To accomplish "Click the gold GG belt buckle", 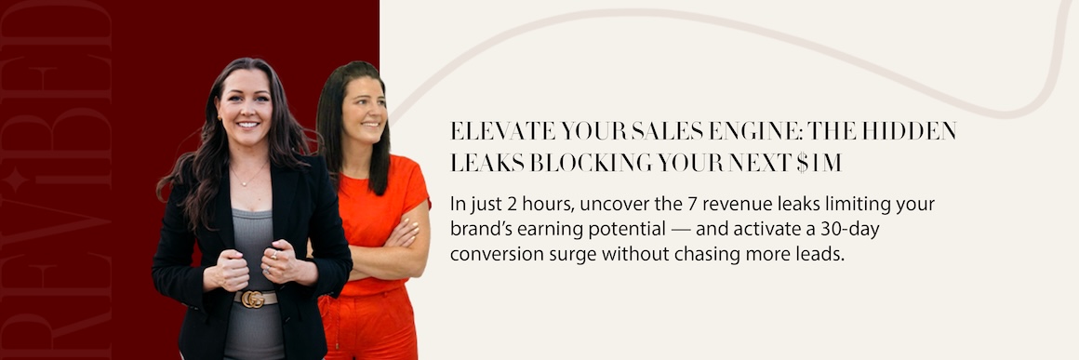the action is pyautogui.click(x=253, y=299).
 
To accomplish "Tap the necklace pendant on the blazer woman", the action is pyautogui.click(x=242, y=184).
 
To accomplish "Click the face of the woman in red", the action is pyautogui.click(x=362, y=113).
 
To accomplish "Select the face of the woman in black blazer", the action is pyautogui.click(x=245, y=109).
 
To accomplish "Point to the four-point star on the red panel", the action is pyautogui.click(x=13, y=180).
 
